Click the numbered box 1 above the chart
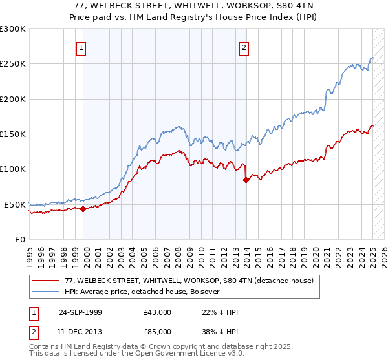[82, 47]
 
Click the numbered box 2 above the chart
[244, 47]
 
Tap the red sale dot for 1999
[83, 209]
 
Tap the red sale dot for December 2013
[246, 180]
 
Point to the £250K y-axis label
[12, 64]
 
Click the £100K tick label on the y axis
[12, 169]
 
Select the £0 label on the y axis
[20, 239]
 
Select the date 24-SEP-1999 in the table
[80, 312]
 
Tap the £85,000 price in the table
[158, 331]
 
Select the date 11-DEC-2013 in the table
[80, 331]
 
